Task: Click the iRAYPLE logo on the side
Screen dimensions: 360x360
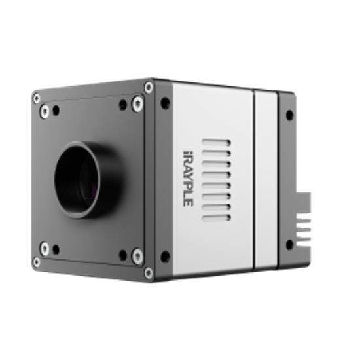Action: pos(188,179)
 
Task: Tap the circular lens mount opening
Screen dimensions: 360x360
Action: pos(77,179)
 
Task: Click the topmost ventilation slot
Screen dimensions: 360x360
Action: pos(216,143)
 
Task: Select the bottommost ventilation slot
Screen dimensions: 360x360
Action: pos(216,217)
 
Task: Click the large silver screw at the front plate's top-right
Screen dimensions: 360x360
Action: pos(137,104)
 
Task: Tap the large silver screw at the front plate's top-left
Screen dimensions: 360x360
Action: pos(45,111)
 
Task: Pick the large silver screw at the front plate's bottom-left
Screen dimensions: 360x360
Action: pos(45,249)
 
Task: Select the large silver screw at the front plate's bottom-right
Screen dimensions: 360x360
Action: pos(137,255)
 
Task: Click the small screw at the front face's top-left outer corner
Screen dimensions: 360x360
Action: pos(37,99)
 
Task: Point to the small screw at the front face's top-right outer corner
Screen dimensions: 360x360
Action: pos(149,87)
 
